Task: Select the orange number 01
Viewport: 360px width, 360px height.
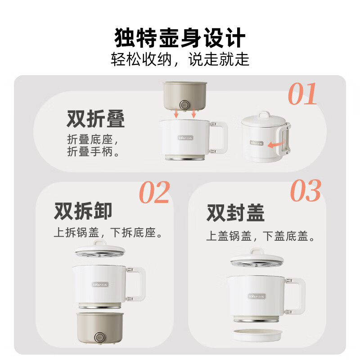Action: coord(302,94)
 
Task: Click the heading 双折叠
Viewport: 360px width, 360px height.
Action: coord(96,119)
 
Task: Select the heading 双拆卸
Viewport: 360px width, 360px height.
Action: coord(83,211)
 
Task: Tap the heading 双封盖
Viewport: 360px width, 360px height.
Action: coord(235,212)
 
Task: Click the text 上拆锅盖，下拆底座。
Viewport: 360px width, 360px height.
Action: coord(108,233)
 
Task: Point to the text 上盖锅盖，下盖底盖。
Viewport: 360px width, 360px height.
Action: coord(260,236)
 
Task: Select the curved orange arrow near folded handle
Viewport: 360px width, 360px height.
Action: coord(276,144)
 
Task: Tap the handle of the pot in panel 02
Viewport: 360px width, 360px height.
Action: coord(138,283)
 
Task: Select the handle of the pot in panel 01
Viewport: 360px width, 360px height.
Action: coord(219,137)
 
